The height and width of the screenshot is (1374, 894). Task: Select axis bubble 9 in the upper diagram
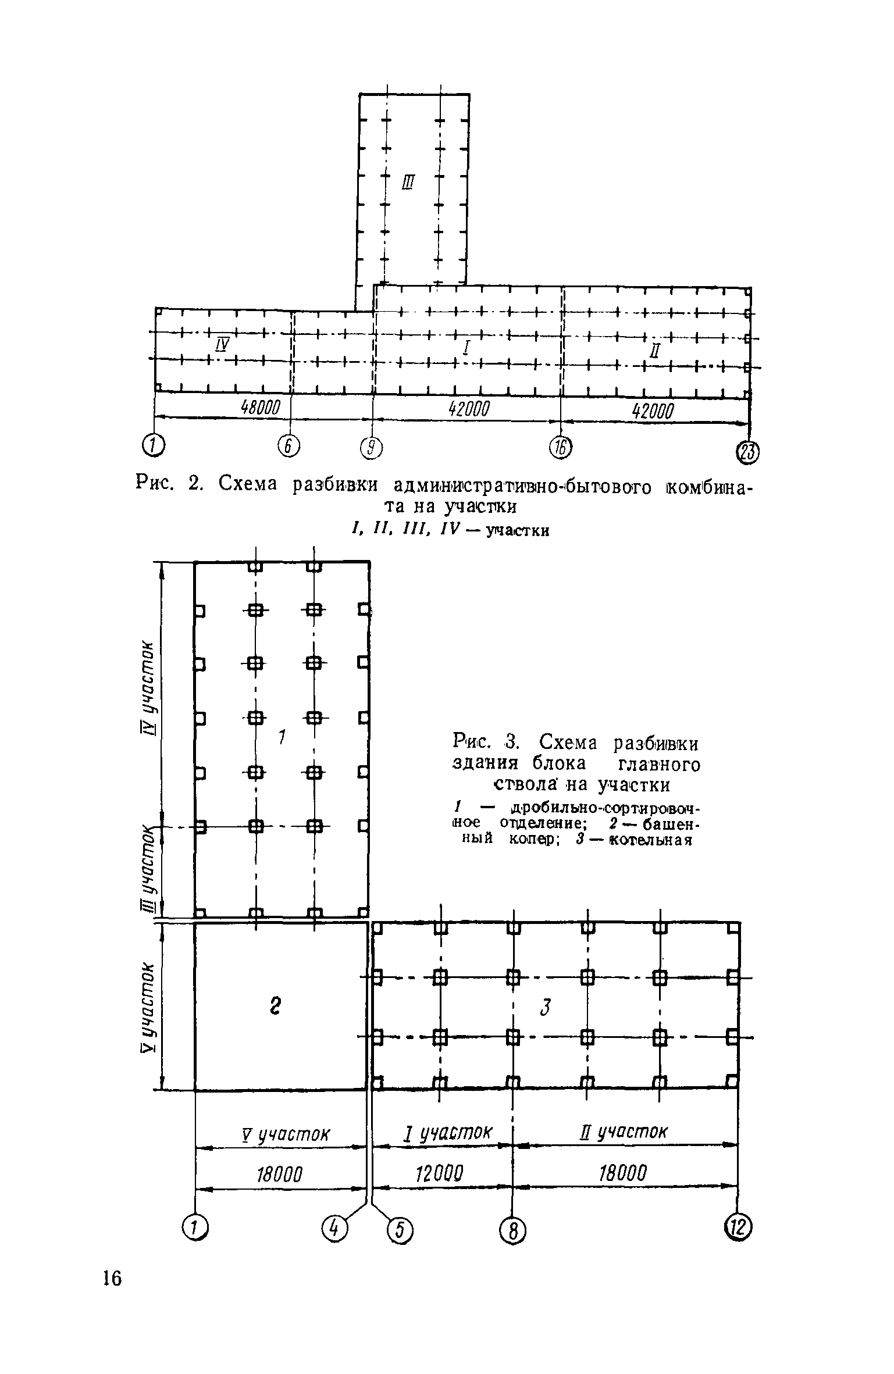pos(371,448)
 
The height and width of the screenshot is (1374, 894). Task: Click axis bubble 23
pos(749,453)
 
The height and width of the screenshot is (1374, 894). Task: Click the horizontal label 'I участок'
pos(448,1132)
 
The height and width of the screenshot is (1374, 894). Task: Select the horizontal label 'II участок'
pos(622,1132)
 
